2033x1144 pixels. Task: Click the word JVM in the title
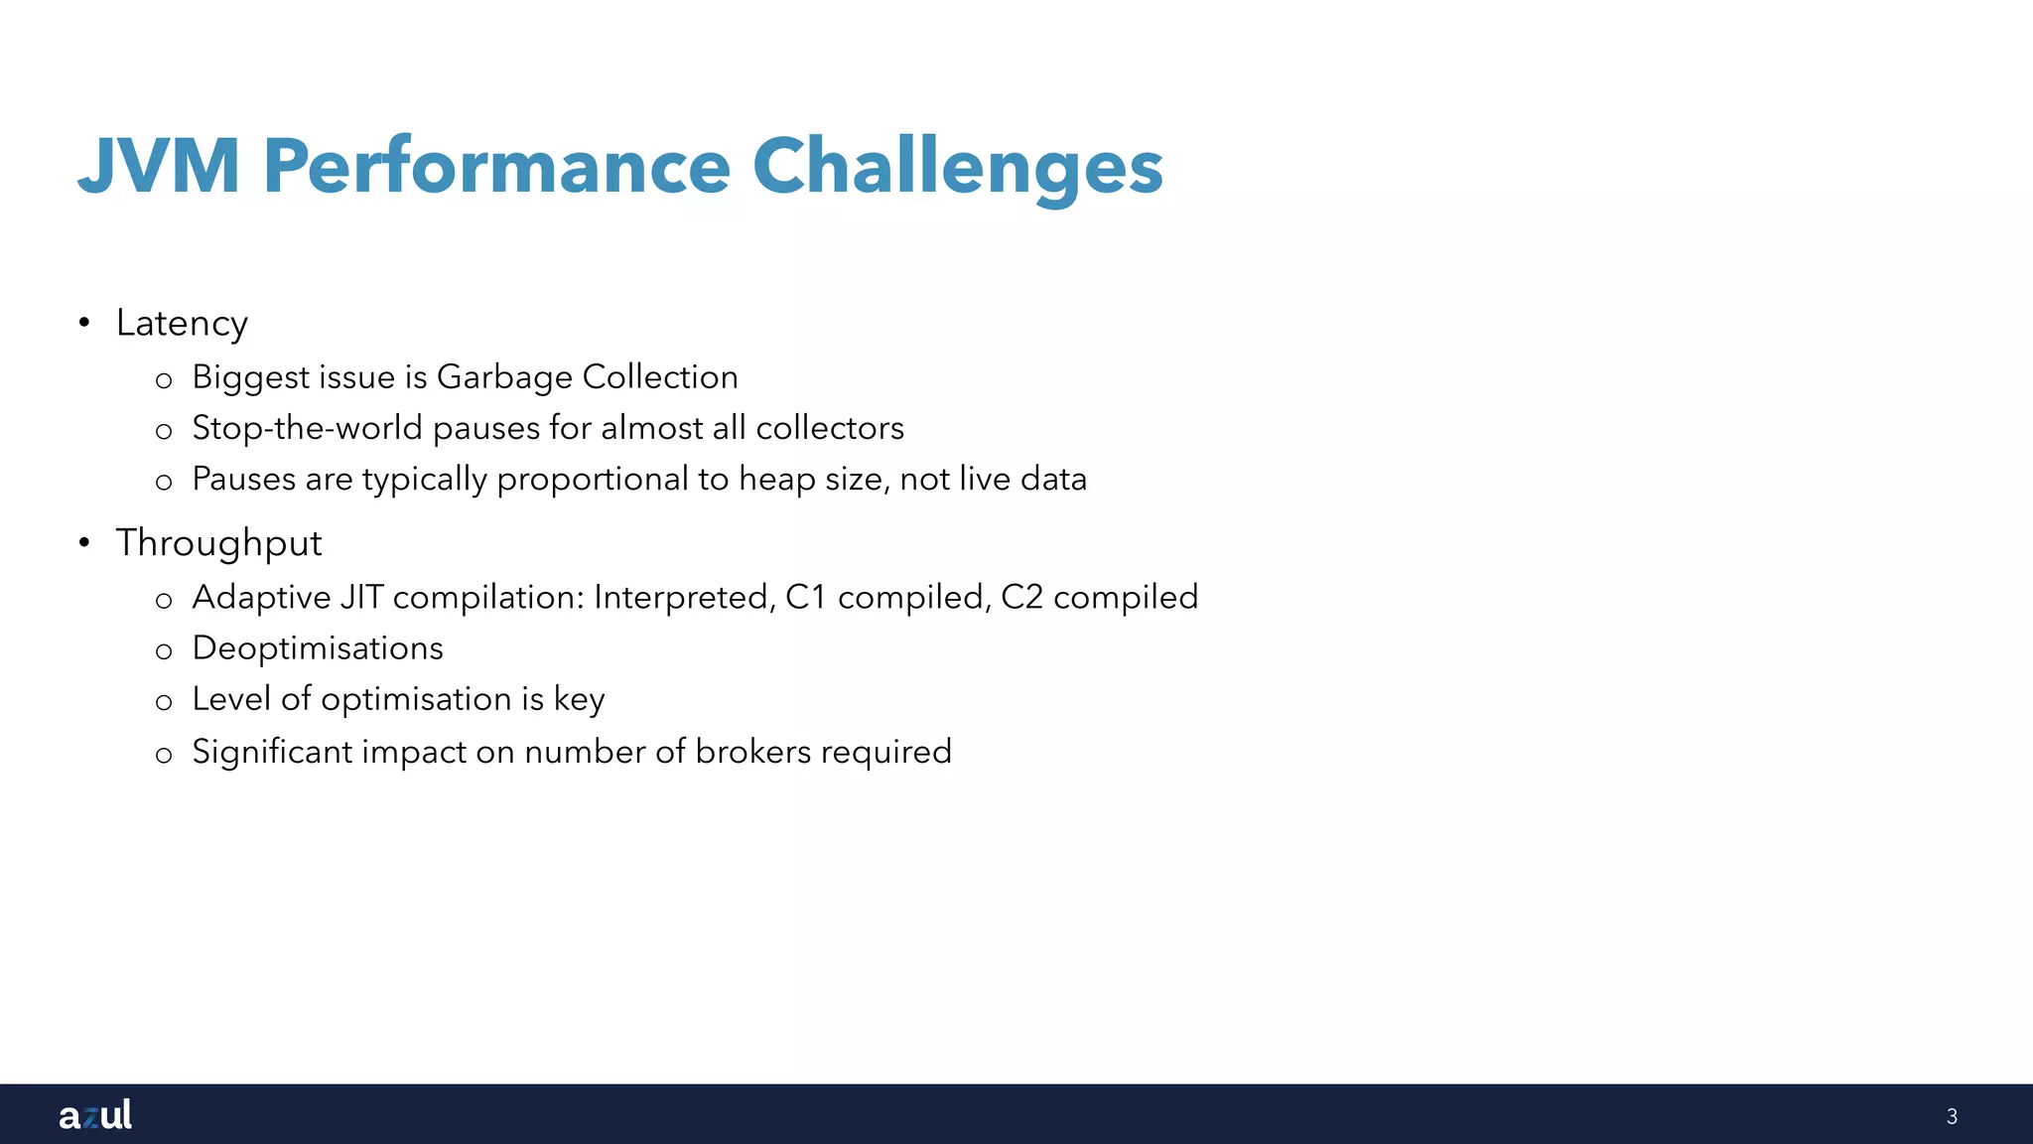pos(159,166)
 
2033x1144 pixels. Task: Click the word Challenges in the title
pos(957,166)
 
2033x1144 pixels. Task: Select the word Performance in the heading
pos(496,166)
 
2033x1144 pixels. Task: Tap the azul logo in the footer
pos(95,1114)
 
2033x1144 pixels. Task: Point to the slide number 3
pos(1952,1116)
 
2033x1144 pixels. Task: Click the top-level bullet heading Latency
pos(182,324)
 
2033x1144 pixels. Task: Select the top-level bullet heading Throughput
pos(218,543)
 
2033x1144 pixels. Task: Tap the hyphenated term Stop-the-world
pos(307,428)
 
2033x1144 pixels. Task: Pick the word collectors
pos(830,428)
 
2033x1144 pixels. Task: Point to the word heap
pos(776,480)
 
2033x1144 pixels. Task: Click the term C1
pos(806,597)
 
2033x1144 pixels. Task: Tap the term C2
pos(1021,597)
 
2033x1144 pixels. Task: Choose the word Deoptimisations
pos(318,648)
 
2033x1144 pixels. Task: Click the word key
pos(579,700)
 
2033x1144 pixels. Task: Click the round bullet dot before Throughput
pos(84,542)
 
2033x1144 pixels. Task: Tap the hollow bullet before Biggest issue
pos(164,379)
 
